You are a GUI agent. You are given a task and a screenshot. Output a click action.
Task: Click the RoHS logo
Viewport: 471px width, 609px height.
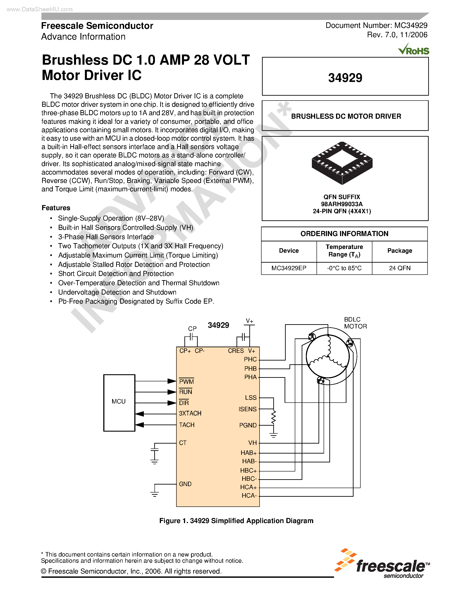[x=414, y=50]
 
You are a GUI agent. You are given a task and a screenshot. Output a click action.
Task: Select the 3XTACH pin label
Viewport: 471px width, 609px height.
[x=190, y=413]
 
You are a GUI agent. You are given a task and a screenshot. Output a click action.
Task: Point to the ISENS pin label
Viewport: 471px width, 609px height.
[x=248, y=409]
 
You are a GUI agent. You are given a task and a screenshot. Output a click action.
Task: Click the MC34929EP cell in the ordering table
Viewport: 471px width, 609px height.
[x=289, y=268]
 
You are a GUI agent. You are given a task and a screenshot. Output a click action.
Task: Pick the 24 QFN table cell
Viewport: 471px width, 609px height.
[x=400, y=268]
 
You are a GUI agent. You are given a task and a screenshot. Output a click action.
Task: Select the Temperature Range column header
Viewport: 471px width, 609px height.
[x=344, y=250]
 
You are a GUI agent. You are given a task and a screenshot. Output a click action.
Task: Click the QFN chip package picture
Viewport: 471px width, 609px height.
[x=342, y=163]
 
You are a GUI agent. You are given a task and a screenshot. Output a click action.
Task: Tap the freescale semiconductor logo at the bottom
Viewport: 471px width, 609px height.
[x=382, y=564]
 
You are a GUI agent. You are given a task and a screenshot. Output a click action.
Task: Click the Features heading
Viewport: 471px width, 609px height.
[x=56, y=208]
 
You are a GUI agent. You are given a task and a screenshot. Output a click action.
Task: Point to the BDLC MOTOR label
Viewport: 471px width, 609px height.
[x=355, y=323]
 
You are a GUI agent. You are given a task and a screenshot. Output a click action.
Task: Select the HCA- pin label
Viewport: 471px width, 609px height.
[x=249, y=496]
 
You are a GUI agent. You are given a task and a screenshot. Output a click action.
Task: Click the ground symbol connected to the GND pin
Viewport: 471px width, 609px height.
[x=154, y=494]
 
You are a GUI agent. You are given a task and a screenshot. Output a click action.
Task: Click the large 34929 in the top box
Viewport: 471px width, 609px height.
[x=345, y=78]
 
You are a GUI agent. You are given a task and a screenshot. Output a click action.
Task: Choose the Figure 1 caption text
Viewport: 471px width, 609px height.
[x=236, y=521]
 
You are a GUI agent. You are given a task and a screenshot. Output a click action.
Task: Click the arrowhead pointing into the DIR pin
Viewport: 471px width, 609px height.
[x=172, y=403]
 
